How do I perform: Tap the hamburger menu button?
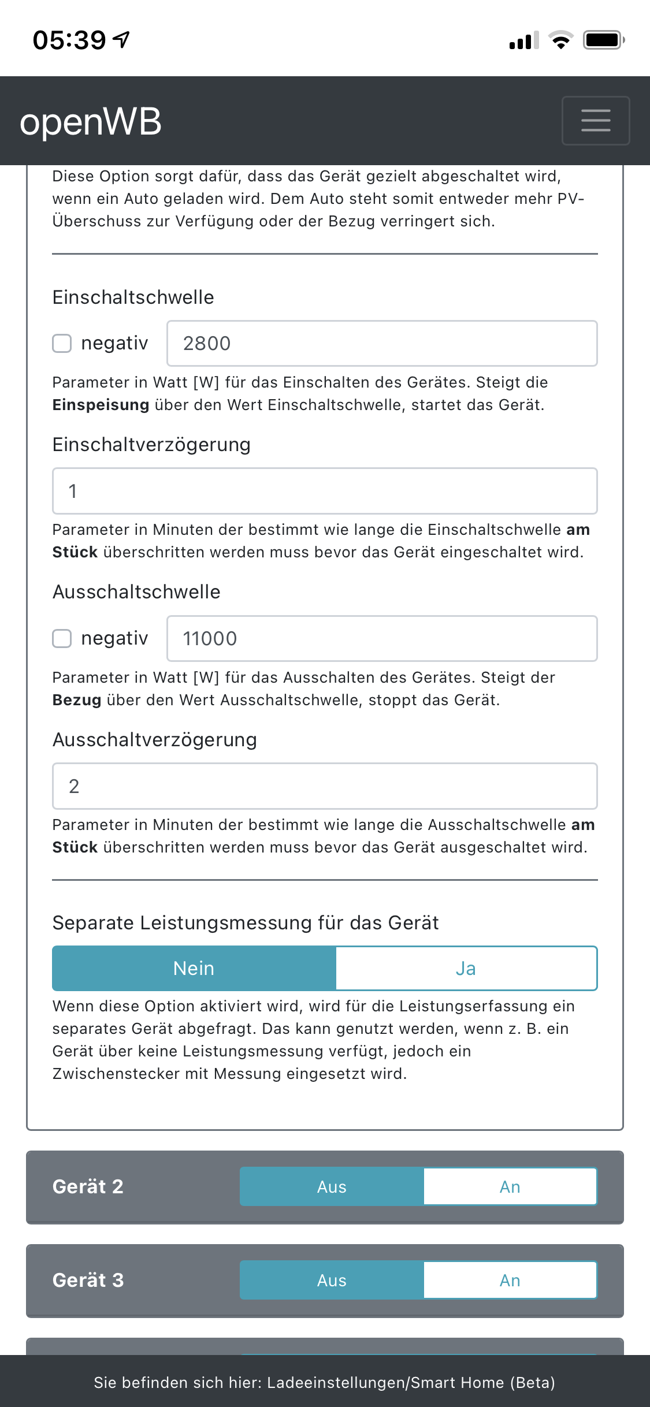click(x=595, y=121)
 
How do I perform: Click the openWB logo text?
click(x=91, y=122)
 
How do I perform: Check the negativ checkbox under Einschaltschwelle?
click(x=62, y=343)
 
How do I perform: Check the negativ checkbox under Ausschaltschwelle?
click(x=62, y=638)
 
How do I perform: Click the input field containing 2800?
click(x=381, y=343)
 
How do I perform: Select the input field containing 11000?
click(x=381, y=638)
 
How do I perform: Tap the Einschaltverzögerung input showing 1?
click(x=325, y=491)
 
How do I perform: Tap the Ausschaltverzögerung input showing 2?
click(x=325, y=786)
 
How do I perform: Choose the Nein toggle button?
click(x=194, y=968)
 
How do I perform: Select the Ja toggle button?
click(x=466, y=968)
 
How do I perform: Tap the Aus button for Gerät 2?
click(x=332, y=1186)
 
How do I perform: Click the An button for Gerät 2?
click(x=510, y=1186)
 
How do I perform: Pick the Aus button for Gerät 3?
click(x=332, y=1280)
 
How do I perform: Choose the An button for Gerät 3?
click(x=510, y=1280)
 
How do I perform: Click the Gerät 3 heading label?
click(x=88, y=1280)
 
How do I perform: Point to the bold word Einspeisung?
click(x=101, y=405)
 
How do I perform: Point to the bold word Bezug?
click(x=76, y=700)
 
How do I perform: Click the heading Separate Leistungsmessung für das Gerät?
click(x=246, y=922)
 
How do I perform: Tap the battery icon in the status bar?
click(x=603, y=40)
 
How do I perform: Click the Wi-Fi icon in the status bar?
click(x=560, y=40)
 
